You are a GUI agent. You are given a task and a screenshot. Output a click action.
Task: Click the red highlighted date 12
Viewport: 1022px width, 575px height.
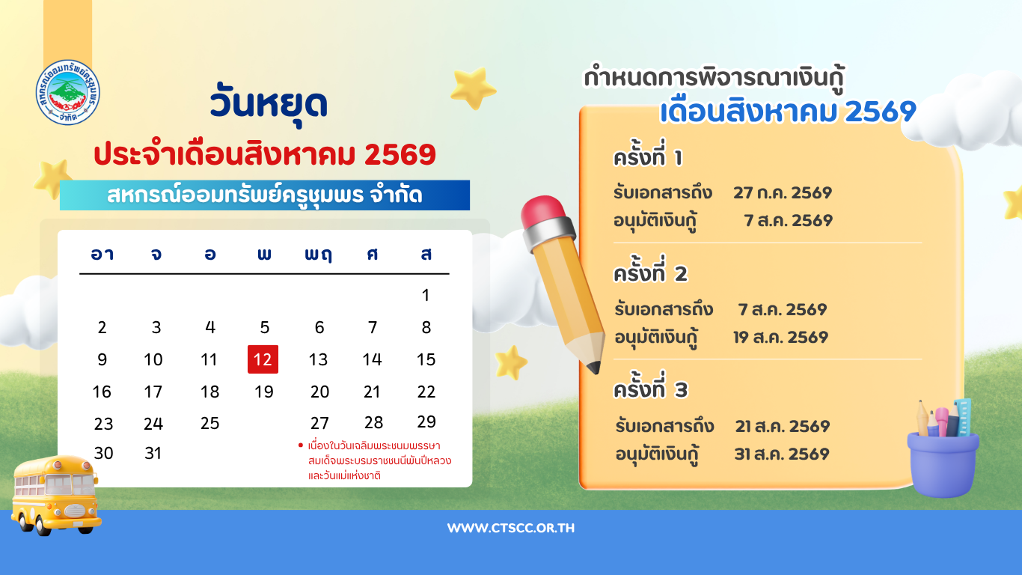(x=263, y=359)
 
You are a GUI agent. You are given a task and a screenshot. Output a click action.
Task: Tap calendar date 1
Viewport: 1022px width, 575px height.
(x=426, y=295)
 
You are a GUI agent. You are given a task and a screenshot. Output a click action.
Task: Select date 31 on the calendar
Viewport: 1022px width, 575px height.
(x=153, y=453)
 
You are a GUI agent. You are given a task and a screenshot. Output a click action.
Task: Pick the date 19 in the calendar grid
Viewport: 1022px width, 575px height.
(x=263, y=392)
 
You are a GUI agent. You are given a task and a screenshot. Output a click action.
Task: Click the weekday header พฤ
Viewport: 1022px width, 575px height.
(x=319, y=255)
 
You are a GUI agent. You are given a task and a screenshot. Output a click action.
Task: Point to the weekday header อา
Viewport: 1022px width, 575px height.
(x=102, y=254)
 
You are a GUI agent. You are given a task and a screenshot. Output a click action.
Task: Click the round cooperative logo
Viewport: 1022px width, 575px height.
(x=68, y=92)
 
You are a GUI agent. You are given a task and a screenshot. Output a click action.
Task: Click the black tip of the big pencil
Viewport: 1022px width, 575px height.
(x=594, y=368)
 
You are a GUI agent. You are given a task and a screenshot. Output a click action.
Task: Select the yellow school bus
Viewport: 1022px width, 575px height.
(x=55, y=496)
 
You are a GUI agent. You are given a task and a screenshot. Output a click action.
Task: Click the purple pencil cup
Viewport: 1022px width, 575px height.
(x=943, y=464)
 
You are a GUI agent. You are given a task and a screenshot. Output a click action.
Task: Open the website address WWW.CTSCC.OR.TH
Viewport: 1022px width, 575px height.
(x=511, y=528)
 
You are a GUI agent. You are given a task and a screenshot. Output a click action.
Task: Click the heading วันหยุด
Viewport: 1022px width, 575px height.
(x=269, y=104)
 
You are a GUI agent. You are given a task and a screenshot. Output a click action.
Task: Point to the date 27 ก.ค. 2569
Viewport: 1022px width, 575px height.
(x=783, y=192)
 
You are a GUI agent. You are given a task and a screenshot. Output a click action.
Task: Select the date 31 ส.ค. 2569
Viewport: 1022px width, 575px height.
(x=782, y=454)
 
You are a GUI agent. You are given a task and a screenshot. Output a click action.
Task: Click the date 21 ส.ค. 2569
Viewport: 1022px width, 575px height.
(x=783, y=426)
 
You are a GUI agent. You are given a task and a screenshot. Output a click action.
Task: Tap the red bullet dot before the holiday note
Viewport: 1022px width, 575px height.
(x=300, y=445)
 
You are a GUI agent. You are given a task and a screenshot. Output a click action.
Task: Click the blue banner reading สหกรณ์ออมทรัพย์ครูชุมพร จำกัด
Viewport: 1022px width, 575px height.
(x=265, y=195)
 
